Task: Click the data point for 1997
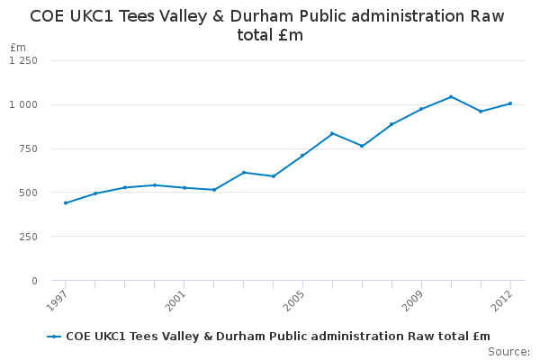coord(66,202)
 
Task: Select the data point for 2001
coord(184,187)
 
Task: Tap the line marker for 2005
coord(302,155)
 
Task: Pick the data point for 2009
coord(421,109)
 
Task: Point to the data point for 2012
coord(510,103)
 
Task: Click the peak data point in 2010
coord(451,96)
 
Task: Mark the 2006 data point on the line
coord(332,133)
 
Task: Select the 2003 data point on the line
coord(244,172)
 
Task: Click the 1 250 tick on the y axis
coord(23,60)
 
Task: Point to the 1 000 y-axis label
coord(23,104)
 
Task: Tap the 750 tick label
coord(29,148)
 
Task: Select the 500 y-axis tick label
coord(29,193)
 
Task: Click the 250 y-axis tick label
coord(29,237)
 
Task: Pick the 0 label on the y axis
coord(34,281)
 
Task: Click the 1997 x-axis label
coord(56,300)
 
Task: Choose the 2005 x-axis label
coord(292,300)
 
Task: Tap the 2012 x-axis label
coord(500,300)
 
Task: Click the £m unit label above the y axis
coord(19,47)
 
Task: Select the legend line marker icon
coord(54,337)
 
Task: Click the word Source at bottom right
coord(508,351)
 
